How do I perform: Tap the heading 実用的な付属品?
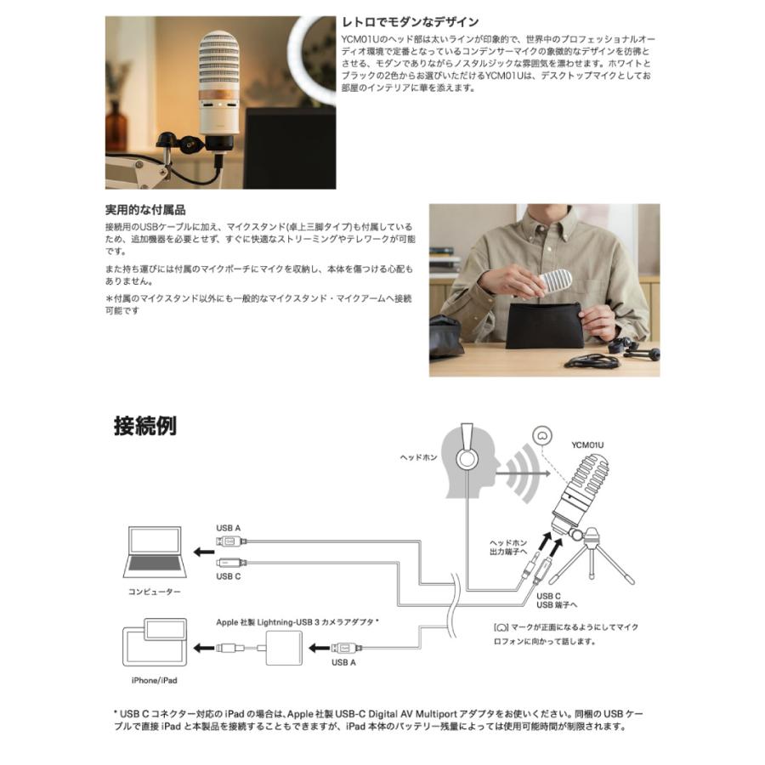point(145,209)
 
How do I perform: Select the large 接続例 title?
point(145,425)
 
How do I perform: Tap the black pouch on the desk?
point(546,325)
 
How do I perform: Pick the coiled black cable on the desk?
point(591,361)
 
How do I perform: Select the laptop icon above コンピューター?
point(156,552)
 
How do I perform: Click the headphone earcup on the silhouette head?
point(467,459)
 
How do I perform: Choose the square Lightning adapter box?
point(284,649)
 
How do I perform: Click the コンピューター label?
point(156,591)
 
